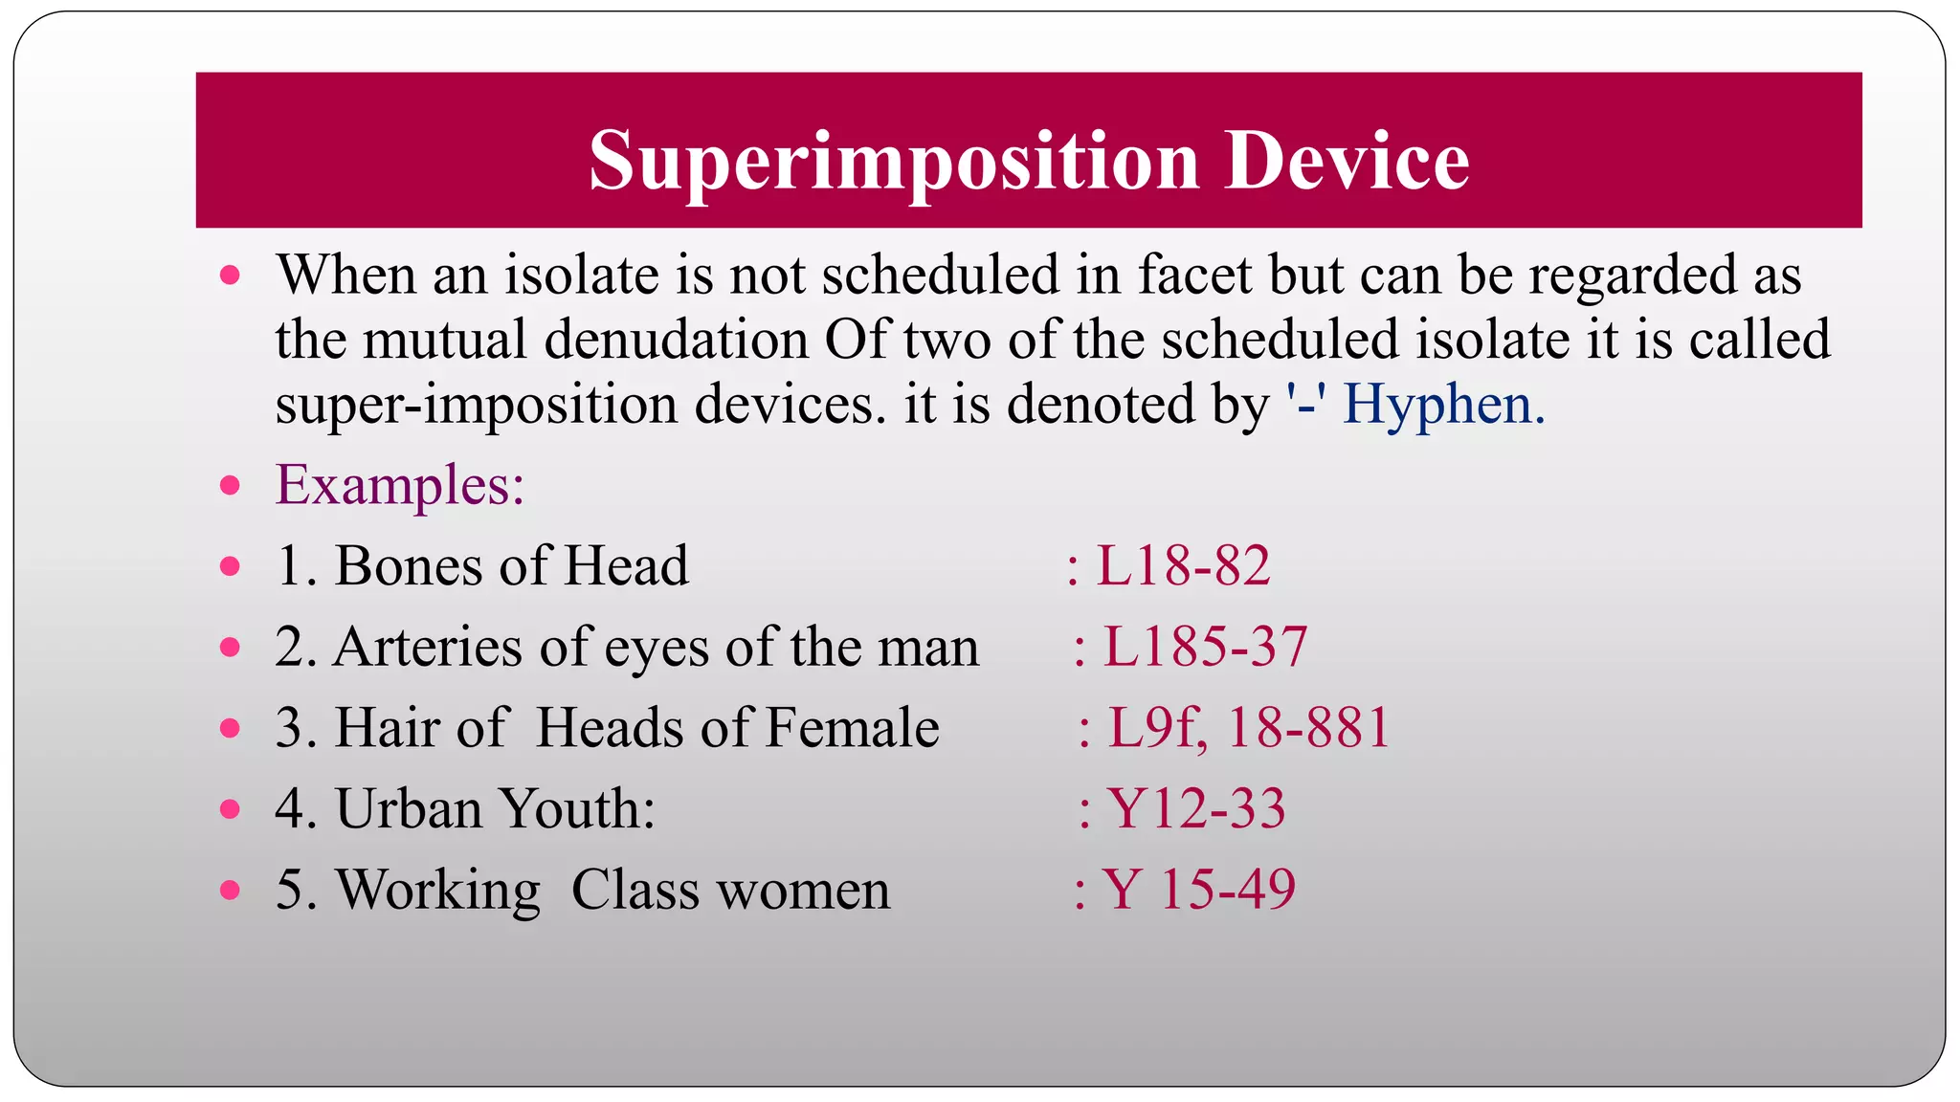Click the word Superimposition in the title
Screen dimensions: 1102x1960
click(894, 162)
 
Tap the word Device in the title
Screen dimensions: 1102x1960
click(1347, 160)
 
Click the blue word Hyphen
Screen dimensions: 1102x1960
click(1443, 404)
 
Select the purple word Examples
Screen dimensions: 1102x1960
click(399, 485)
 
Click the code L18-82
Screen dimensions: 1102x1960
click(1183, 565)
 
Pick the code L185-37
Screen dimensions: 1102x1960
click(1205, 647)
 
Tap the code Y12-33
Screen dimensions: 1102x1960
click(1196, 808)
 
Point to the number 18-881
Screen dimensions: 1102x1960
click(1308, 727)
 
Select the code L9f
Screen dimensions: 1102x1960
click(1156, 729)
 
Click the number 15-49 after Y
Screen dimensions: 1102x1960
click(1228, 889)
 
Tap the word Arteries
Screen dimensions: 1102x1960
click(428, 647)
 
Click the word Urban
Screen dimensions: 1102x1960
click(409, 808)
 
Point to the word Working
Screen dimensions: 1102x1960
click(437, 891)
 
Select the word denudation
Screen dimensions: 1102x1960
click(677, 340)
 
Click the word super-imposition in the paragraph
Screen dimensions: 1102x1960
click(477, 405)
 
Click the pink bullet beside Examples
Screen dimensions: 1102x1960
click(230, 485)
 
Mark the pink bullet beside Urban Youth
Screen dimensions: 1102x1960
click(230, 809)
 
